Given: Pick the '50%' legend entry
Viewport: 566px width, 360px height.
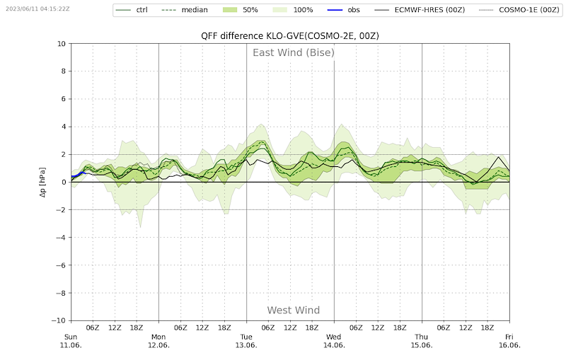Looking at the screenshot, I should [248, 10].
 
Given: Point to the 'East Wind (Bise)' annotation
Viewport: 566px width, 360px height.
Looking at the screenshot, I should [294, 53].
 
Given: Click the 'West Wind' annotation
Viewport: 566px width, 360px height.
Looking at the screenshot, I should [293, 310].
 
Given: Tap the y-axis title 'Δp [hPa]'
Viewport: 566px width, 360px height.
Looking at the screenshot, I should [43, 182].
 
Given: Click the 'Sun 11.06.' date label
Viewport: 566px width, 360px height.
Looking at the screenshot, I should [71, 341].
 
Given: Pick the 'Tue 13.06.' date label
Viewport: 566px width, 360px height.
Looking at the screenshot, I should [246, 341].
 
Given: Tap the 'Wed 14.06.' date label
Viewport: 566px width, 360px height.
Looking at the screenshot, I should [334, 341].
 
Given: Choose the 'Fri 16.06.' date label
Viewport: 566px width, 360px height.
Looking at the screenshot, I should [509, 341].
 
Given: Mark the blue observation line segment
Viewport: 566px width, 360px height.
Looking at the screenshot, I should [78, 174].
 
